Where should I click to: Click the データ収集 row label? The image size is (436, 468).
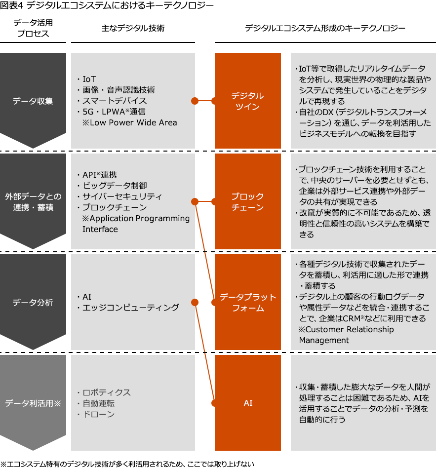click(x=33, y=101)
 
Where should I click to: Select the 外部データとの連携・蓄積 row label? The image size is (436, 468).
click(x=33, y=202)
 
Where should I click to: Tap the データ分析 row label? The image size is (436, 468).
click(x=33, y=302)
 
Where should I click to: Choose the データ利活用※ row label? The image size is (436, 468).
click(x=33, y=403)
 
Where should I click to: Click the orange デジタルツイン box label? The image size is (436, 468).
click(x=247, y=101)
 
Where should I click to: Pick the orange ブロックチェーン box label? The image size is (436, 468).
click(x=247, y=202)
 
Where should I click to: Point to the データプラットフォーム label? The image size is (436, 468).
click(x=247, y=302)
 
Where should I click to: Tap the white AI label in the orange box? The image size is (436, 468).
click(x=248, y=403)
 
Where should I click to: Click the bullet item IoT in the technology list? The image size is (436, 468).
click(x=89, y=79)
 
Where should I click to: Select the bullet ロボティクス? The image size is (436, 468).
click(x=107, y=392)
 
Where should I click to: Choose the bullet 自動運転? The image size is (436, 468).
click(x=99, y=403)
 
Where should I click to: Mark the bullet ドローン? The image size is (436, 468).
click(x=99, y=414)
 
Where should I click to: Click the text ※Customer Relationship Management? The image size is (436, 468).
click(x=346, y=335)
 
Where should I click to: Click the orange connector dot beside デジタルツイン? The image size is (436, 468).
click(x=194, y=101)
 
